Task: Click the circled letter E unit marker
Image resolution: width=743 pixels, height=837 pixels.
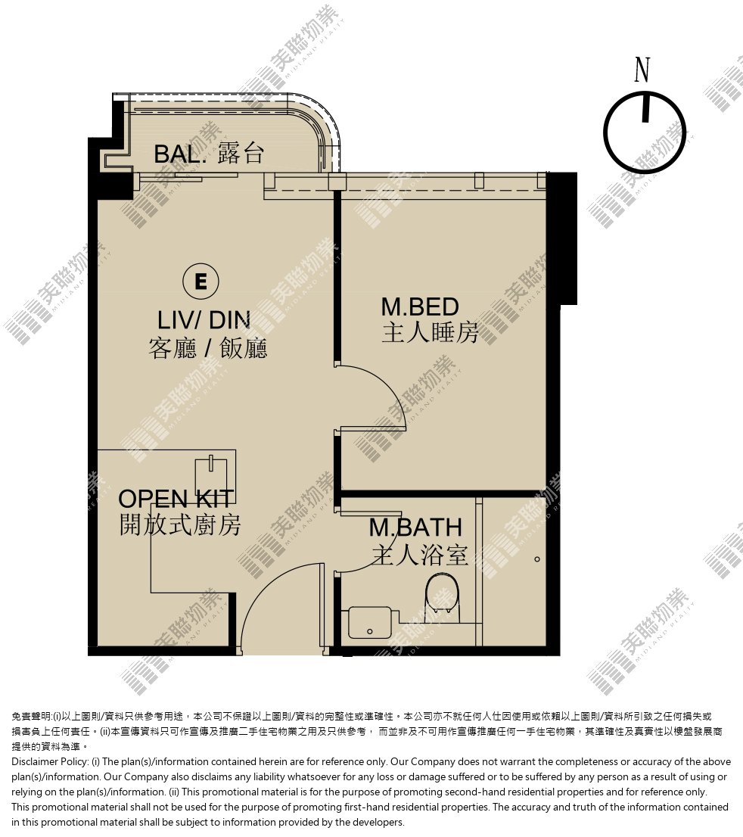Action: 201,281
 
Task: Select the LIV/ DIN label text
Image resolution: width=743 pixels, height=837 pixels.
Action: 204,320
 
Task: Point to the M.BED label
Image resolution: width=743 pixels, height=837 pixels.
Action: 419,307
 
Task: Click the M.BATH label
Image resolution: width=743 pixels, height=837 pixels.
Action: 415,528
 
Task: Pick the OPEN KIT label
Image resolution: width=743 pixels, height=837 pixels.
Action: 176,499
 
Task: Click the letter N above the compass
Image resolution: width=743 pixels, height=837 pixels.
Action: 642,70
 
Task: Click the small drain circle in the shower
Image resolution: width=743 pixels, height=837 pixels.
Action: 537,559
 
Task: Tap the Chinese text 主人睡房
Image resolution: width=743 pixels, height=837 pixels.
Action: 430,333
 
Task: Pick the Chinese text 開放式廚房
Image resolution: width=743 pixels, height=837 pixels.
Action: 180,525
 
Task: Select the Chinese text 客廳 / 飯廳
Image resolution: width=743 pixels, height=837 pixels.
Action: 207,348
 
